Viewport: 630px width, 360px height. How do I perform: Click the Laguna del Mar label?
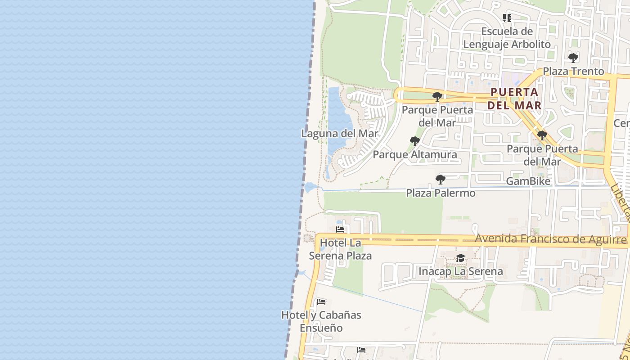(x=340, y=134)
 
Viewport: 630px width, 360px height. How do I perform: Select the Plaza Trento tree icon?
(x=573, y=58)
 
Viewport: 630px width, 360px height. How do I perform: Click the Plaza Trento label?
(x=573, y=71)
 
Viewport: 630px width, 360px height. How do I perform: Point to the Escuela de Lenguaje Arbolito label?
(x=507, y=38)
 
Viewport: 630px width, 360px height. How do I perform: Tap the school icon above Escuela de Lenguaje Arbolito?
(x=507, y=18)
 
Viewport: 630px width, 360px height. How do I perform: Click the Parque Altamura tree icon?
(x=414, y=141)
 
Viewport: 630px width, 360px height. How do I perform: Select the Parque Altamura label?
(x=414, y=154)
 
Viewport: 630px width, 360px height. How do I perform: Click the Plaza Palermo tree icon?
(x=441, y=180)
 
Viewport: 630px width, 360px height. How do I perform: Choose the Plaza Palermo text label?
(x=441, y=193)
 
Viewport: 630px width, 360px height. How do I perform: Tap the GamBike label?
(x=528, y=181)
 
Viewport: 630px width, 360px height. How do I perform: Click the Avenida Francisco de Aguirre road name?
(x=551, y=239)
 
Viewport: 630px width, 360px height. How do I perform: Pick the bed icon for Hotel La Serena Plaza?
(x=340, y=229)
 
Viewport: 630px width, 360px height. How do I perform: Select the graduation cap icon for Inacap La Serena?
(x=460, y=258)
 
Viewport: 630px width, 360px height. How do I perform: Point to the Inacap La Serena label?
(x=460, y=271)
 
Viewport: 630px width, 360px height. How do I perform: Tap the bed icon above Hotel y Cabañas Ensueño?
(x=321, y=301)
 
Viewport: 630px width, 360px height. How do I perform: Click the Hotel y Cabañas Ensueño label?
(x=321, y=321)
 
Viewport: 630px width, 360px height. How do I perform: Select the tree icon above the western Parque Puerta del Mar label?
(x=436, y=96)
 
